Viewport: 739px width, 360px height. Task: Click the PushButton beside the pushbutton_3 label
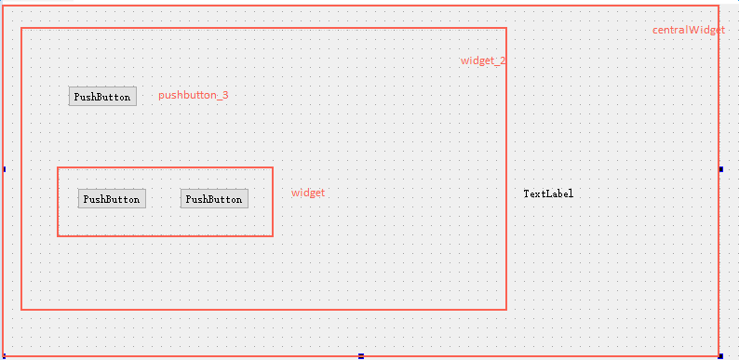[102, 96]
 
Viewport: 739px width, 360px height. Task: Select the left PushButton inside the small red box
[112, 199]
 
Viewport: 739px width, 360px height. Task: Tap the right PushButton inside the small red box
[214, 199]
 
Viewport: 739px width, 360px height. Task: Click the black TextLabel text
[548, 193]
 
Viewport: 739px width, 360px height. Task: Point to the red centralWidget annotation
[688, 30]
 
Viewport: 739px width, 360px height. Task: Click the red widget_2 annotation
[483, 60]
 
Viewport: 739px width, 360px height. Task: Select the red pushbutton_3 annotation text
[193, 95]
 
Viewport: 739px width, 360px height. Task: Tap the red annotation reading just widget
[308, 193]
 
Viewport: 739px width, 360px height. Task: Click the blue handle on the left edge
[4, 168]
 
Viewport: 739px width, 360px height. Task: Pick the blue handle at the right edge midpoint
[721, 168]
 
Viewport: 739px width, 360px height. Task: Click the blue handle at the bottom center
[361, 355]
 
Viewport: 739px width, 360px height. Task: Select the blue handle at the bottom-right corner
[721, 355]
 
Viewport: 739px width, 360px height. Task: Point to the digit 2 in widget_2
[503, 60]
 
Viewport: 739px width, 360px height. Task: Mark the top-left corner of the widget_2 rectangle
[21, 28]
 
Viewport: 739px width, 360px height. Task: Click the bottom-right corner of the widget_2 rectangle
[506, 309]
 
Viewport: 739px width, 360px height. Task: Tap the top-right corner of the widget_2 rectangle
[506, 28]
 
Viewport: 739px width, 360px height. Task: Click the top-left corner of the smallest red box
[58, 167]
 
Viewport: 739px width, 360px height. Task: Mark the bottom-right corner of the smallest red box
[273, 236]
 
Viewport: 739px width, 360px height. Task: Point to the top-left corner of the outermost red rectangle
[5, 6]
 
